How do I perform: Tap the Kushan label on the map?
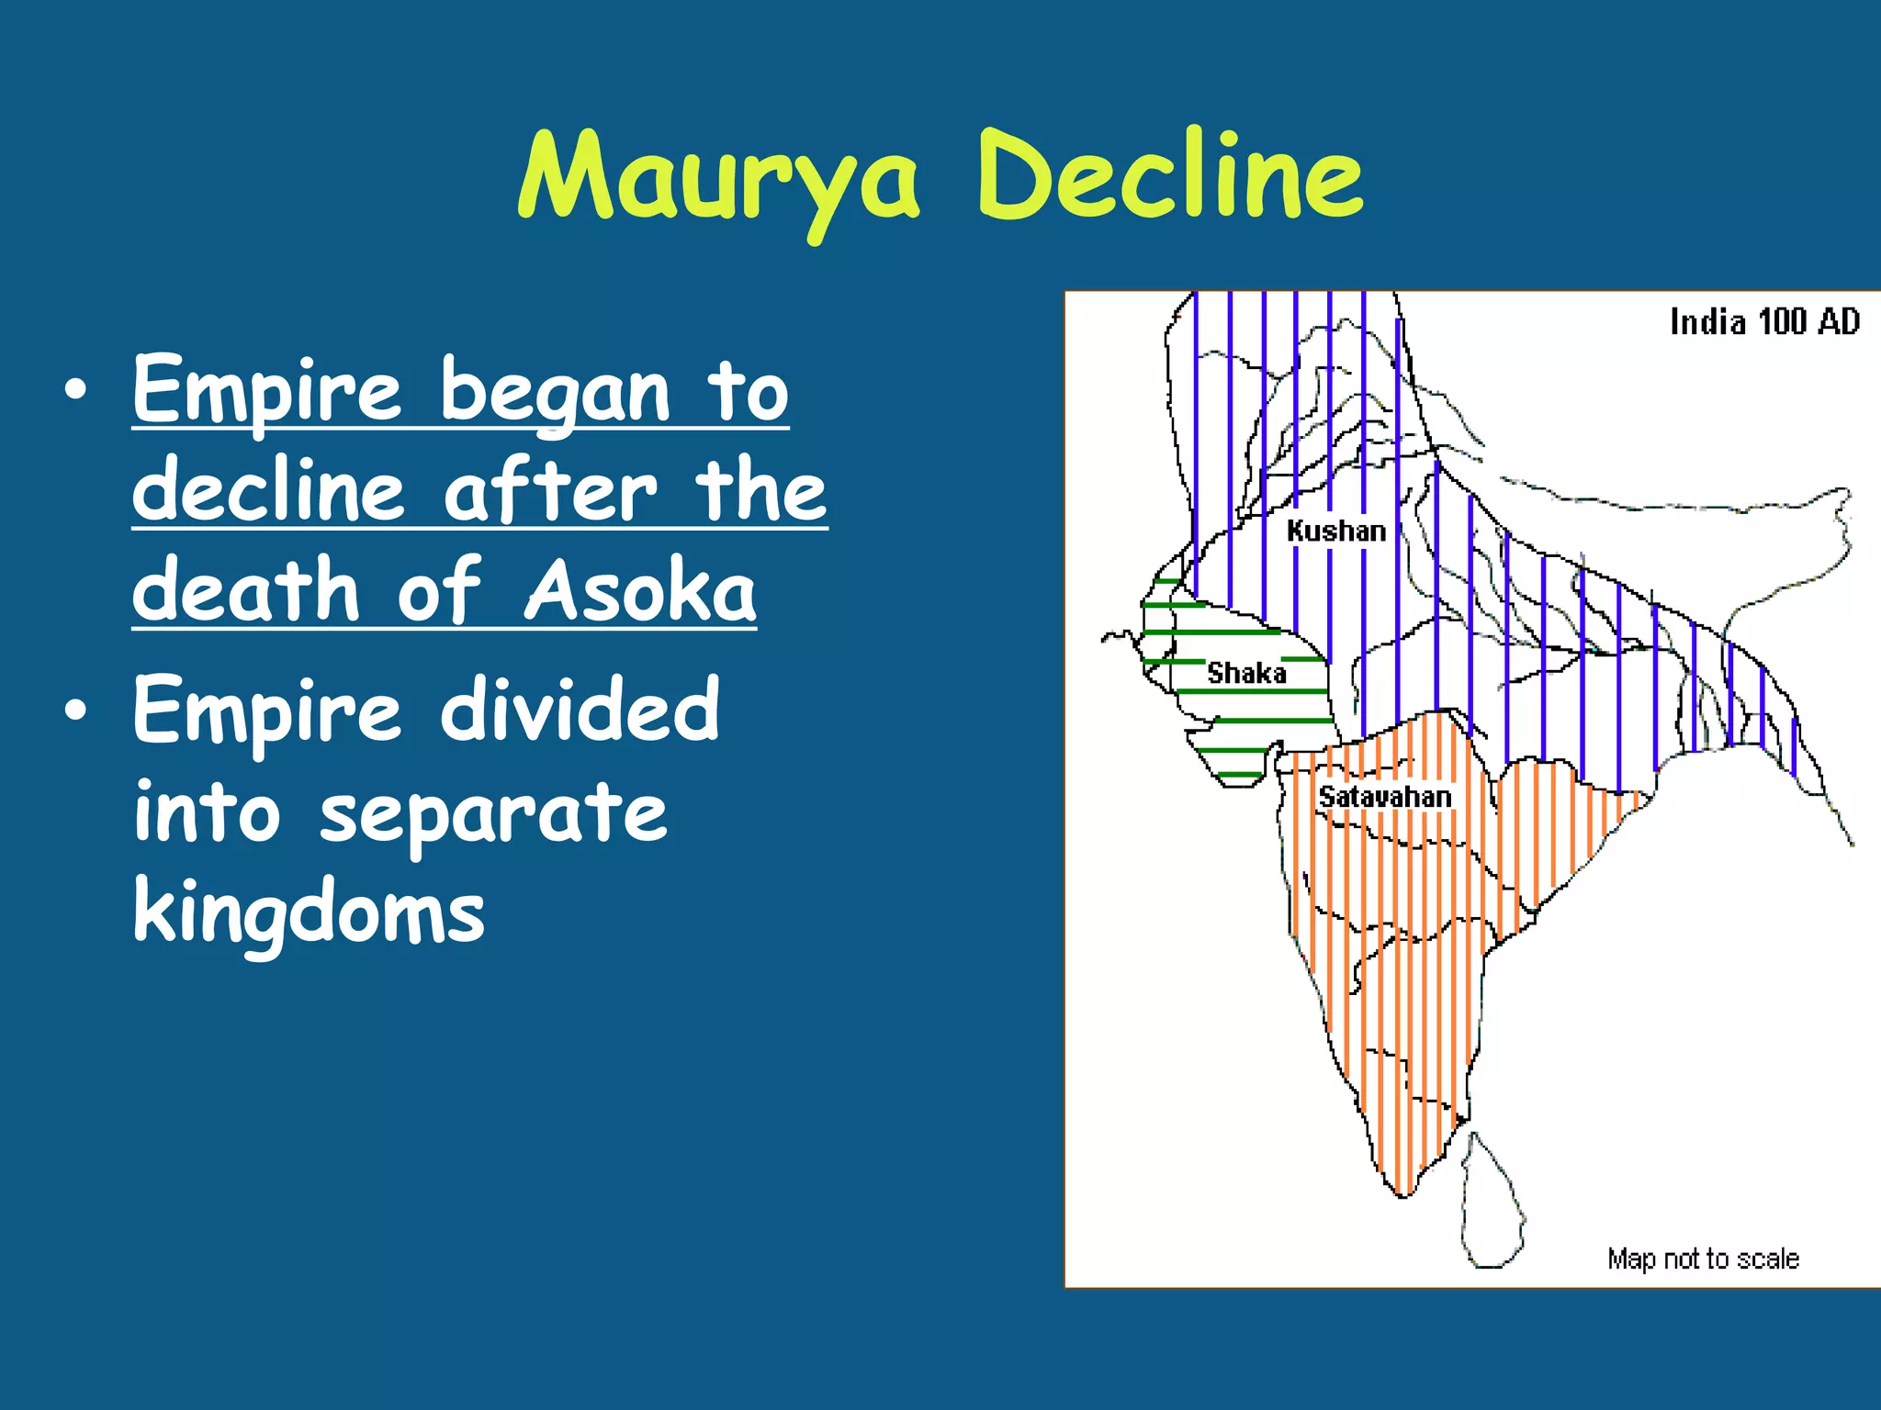click(1335, 531)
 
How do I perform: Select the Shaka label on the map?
click(1245, 673)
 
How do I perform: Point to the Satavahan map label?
click(1385, 797)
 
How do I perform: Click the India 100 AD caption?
click(1764, 322)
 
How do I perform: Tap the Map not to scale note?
click(1703, 1258)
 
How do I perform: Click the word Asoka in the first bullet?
click(640, 589)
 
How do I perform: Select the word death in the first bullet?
click(246, 589)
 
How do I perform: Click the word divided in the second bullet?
click(580, 709)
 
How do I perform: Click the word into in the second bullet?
click(207, 811)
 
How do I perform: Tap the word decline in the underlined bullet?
click(268, 491)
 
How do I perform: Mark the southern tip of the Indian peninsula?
click(1403, 1193)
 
